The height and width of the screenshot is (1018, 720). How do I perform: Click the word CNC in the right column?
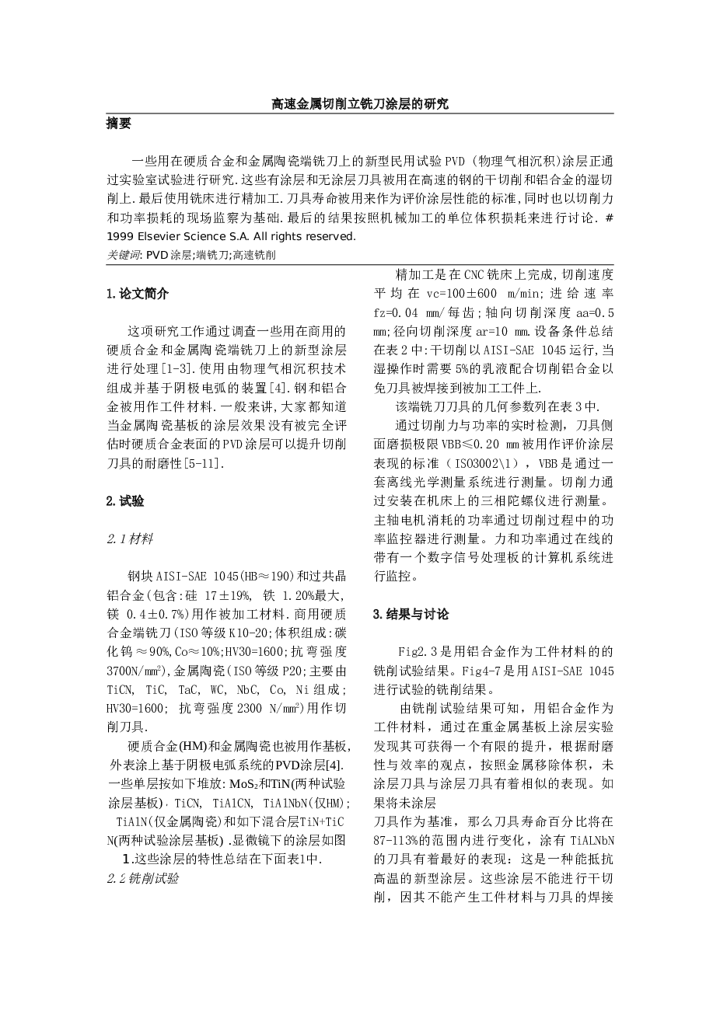(474, 275)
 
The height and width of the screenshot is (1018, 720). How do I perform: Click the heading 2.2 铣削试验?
(143, 878)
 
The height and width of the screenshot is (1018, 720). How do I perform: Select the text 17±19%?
(226, 596)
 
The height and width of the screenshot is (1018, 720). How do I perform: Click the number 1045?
(600, 671)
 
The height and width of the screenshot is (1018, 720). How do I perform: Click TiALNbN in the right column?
(592, 841)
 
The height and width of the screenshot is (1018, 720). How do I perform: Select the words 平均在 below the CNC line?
(399, 294)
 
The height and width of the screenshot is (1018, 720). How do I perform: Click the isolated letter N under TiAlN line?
(110, 841)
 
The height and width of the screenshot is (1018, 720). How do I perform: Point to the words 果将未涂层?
(404, 804)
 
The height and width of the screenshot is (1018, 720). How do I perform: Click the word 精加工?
(413, 275)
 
